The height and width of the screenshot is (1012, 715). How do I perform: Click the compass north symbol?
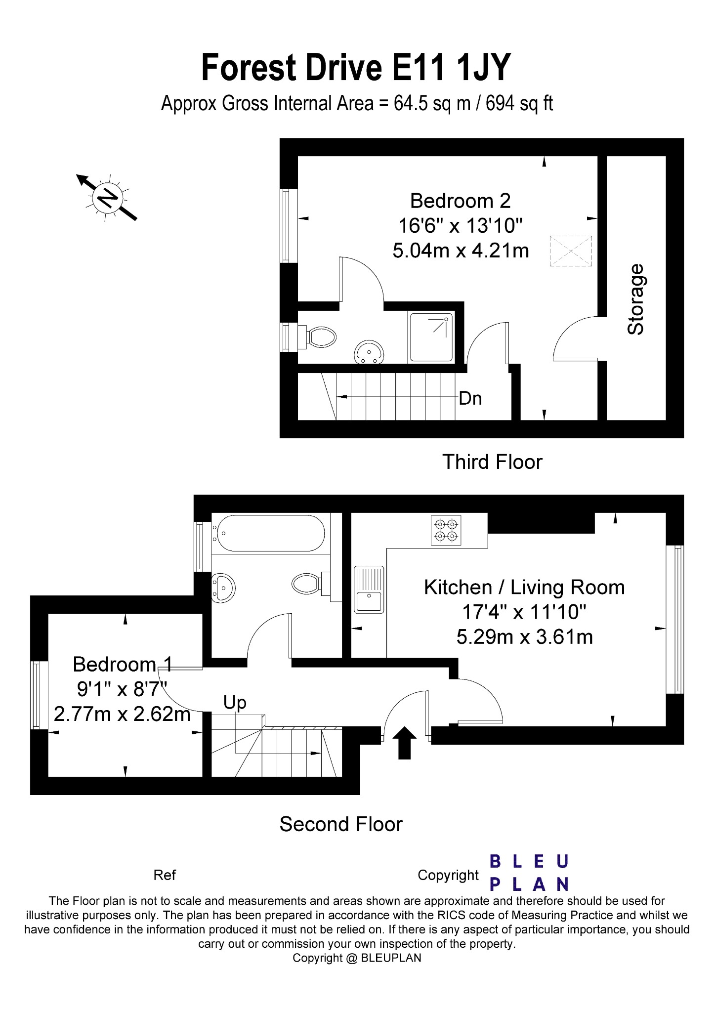107,198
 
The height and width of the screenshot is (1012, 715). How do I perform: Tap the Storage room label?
636,299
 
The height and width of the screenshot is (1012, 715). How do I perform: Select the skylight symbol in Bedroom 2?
571,251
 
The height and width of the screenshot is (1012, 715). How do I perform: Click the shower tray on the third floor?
431,337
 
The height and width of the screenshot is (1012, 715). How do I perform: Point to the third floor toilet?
319,337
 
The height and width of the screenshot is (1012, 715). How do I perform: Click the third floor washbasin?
369,352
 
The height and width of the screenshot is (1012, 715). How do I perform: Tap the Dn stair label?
470,398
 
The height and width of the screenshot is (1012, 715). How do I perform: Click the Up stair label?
235,702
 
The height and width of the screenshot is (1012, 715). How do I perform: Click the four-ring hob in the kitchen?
446,530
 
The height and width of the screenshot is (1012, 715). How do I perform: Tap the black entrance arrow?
404,742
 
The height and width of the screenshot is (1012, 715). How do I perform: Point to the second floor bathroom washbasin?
223,588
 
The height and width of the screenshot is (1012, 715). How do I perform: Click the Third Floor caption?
492,462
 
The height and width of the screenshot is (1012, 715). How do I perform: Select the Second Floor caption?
341,824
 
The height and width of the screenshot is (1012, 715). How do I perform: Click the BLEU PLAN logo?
529,873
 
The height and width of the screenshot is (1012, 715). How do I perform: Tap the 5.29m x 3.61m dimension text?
524,637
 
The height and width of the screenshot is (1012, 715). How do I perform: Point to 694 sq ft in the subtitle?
519,104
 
